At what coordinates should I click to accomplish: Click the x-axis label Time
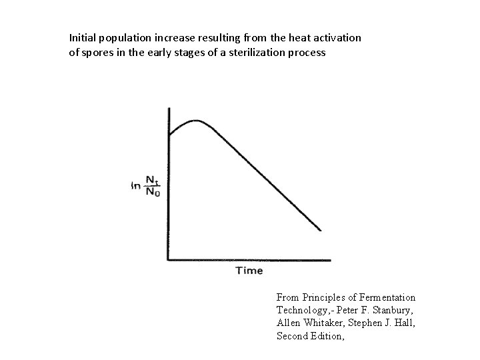pos(249,270)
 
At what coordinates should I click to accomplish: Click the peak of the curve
pos(195,121)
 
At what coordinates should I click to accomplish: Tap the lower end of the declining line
pos(321,230)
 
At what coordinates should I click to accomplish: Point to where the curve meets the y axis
pos(169,135)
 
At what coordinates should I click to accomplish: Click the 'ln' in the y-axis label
pos(136,187)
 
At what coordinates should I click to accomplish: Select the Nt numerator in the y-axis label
pos(153,179)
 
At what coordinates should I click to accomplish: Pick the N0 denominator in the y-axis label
pos(153,193)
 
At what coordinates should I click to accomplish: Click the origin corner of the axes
pos(169,259)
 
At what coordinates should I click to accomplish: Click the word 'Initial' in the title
pos(83,38)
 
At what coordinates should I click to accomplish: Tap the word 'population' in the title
pos(128,38)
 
